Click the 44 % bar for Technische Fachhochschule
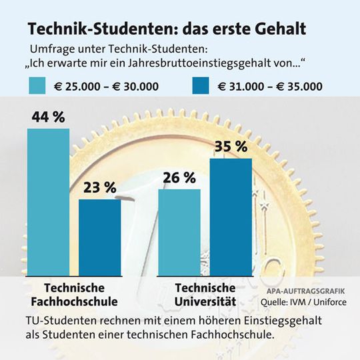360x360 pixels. tap(48, 202)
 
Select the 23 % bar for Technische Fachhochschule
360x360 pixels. tap(100, 237)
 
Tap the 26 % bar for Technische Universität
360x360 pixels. tap(179, 232)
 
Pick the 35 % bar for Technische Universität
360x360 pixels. tap(231, 217)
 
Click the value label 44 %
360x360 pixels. tap(48, 117)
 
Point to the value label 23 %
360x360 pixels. tap(100, 188)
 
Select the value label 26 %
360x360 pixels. tap(179, 178)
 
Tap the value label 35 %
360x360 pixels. tap(231, 147)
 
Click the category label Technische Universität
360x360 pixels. tap(205, 295)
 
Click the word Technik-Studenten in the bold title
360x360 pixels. tap(87, 29)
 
